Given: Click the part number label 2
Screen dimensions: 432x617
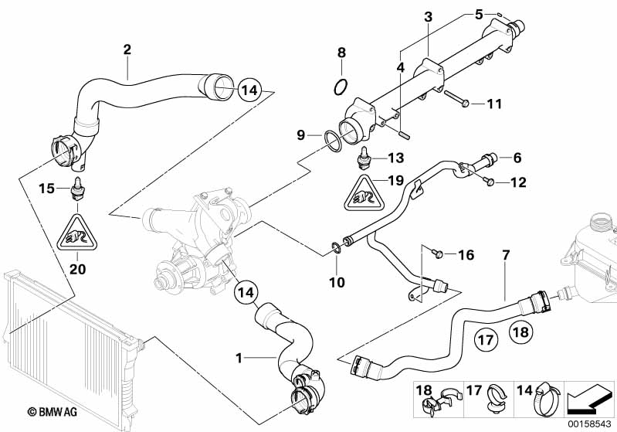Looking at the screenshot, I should (127, 49).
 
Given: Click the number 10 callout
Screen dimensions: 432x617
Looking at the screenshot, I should (337, 283).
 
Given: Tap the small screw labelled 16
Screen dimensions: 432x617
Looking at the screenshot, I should (436, 253).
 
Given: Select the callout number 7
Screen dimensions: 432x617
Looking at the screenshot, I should (506, 253).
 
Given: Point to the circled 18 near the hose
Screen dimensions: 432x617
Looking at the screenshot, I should (520, 334).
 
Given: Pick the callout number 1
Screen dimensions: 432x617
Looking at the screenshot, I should (239, 359).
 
